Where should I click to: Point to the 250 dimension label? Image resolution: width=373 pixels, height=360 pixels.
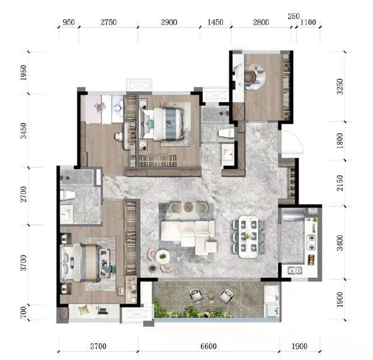293,16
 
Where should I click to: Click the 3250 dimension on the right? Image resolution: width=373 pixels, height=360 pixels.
340,87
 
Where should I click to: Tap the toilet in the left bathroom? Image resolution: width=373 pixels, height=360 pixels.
67,195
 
